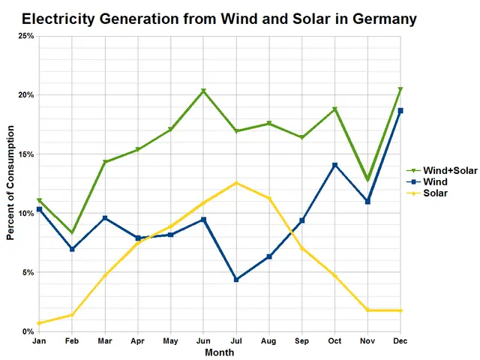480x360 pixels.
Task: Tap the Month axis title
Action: [x=219, y=352]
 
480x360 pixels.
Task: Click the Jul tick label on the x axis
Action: [x=236, y=340]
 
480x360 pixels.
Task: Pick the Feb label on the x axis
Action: [x=72, y=340]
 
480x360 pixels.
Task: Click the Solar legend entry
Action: [x=435, y=193]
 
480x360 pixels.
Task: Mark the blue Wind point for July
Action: [x=236, y=280]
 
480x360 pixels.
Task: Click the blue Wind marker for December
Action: [x=400, y=111]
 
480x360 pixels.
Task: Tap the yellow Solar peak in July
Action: [x=236, y=183]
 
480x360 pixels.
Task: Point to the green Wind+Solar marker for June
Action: [x=203, y=91]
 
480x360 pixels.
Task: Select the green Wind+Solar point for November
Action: [x=367, y=180]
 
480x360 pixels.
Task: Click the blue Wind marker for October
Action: [x=334, y=165]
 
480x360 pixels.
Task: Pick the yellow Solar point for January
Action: [x=39, y=323]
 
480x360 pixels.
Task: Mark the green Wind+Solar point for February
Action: [x=72, y=232]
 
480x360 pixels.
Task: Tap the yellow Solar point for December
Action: [x=400, y=310]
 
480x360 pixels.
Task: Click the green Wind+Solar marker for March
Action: [x=105, y=162]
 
